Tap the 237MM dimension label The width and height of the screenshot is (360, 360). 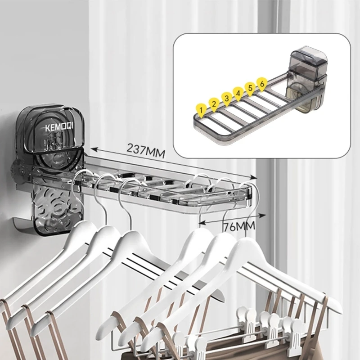(146, 151)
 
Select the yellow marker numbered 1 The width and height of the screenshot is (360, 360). (201, 111)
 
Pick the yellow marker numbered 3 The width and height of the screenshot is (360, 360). (227, 99)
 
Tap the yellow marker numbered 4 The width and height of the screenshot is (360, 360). (238, 94)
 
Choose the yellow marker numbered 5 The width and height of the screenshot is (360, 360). (250, 89)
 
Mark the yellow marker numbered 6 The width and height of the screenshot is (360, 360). (262, 84)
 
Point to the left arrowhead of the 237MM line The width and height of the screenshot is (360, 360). (94, 149)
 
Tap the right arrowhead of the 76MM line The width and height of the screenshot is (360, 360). (263, 215)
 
